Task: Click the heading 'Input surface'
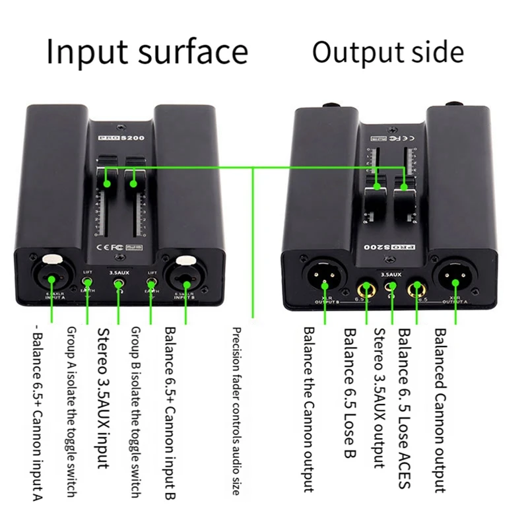click(x=147, y=52)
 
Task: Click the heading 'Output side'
click(x=388, y=52)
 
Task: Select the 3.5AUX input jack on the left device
click(x=118, y=286)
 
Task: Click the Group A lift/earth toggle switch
click(x=86, y=284)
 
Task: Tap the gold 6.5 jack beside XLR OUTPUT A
click(x=416, y=287)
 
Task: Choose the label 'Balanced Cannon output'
click(x=440, y=409)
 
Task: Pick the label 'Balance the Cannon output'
click(x=309, y=409)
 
